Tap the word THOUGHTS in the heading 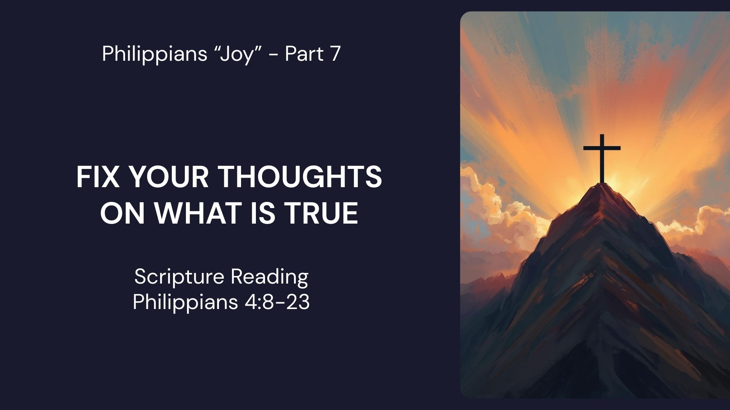point(300,177)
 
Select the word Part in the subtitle point(304,54)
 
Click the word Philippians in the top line point(154,54)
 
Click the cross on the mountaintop point(602,159)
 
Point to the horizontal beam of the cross point(602,148)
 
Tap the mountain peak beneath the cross point(602,190)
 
